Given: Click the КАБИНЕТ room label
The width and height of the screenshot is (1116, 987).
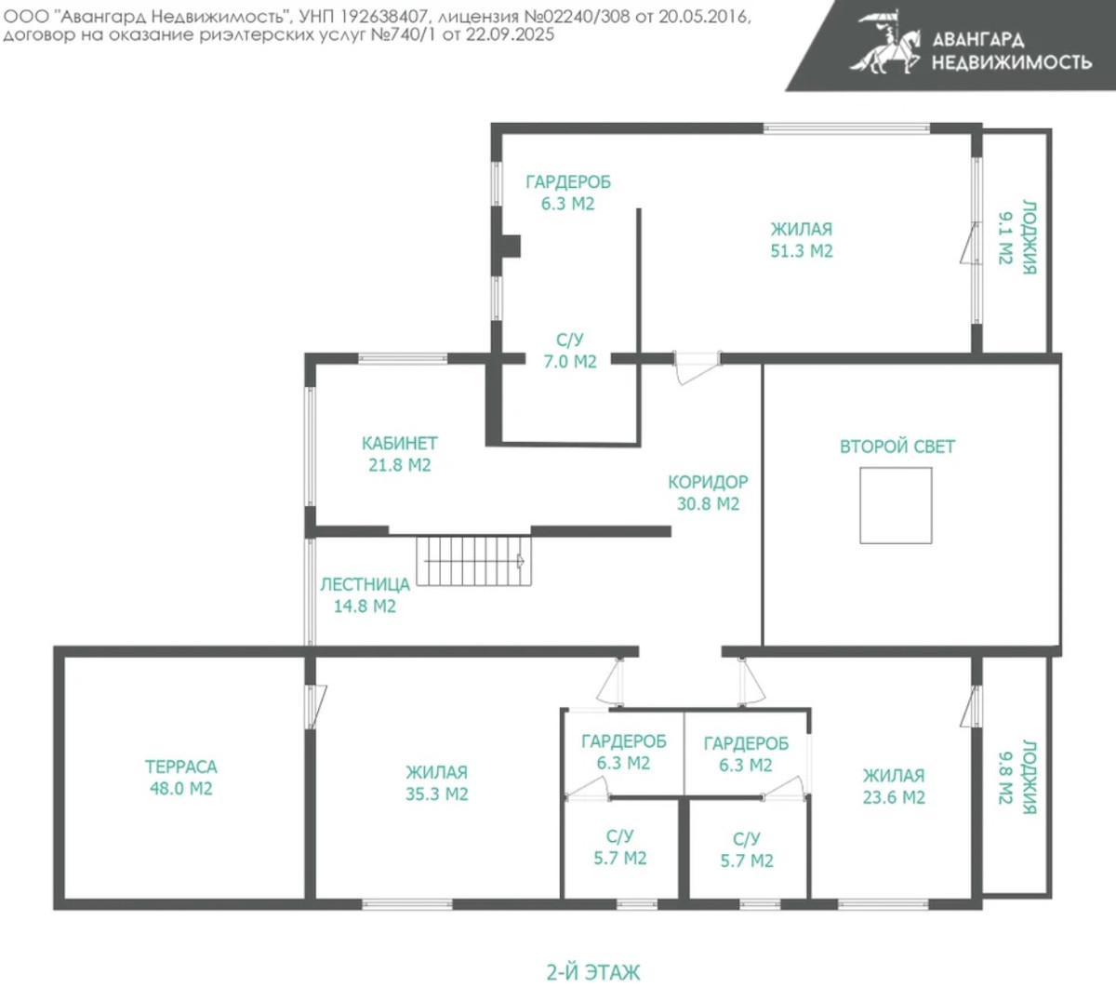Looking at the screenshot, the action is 399,443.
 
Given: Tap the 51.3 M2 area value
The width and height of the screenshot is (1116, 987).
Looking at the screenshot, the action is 802,251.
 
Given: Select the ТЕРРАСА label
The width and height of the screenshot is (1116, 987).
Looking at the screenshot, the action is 180,767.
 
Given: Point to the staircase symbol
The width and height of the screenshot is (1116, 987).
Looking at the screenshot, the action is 473,561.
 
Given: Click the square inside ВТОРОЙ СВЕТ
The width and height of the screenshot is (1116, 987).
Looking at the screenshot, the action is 896,505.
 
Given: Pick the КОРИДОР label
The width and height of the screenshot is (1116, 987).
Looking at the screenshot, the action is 708,482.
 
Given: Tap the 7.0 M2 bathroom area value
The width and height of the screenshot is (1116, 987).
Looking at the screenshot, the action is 570,362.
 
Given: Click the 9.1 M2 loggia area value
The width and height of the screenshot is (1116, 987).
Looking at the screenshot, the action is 1006,238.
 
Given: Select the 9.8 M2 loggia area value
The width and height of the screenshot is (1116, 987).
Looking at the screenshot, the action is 1006,777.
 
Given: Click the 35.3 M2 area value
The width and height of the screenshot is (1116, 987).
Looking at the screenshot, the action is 437,794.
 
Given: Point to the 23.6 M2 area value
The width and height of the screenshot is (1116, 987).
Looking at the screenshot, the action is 894,797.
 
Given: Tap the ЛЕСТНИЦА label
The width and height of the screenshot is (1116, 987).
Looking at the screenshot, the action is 365,584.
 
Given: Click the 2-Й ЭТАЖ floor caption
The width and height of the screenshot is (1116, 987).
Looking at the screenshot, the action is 593,972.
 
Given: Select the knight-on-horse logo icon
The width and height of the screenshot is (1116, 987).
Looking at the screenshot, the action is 884,43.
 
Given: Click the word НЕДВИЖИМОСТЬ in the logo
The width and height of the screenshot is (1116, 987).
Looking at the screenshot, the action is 1011,62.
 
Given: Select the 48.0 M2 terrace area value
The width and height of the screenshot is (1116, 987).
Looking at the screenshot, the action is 180,789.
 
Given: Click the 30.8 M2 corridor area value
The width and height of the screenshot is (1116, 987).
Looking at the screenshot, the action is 708,504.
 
